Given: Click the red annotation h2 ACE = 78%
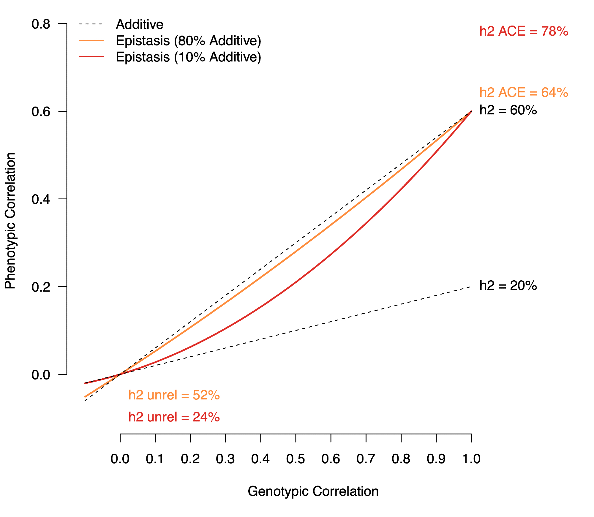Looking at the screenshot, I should pyautogui.click(x=524, y=31).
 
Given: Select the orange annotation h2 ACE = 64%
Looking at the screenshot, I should pyautogui.click(x=524, y=92).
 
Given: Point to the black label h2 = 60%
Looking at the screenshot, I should pyautogui.click(x=508, y=110).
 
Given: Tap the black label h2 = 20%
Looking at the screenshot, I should pyautogui.click(x=508, y=286).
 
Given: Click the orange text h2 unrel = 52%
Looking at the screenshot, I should pyautogui.click(x=174, y=395).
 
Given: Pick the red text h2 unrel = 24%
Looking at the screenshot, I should pyautogui.click(x=174, y=417).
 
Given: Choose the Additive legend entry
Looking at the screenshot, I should pyautogui.click(x=139, y=24).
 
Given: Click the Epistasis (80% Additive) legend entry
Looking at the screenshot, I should pyautogui.click(x=188, y=41).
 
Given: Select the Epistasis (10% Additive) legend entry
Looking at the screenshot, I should pyautogui.click(x=188, y=57).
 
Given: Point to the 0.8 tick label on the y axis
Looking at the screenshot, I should pyautogui.click(x=41, y=24).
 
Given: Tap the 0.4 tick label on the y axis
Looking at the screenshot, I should pyautogui.click(x=41, y=199).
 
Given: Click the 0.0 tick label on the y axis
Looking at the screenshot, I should pyautogui.click(x=41, y=375).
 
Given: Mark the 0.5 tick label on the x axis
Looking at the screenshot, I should pyautogui.click(x=296, y=459).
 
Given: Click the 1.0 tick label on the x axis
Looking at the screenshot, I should pyautogui.click(x=471, y=459).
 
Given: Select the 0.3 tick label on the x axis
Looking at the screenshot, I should pyautogui.click(x=225, y=459).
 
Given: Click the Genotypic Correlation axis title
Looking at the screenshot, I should pyautogui.click(x=313, y=491).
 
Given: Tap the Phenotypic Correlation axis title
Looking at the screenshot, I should pyautogui.click(x=10, y=221).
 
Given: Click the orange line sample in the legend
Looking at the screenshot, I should pyautogui.click(x=91, y=40).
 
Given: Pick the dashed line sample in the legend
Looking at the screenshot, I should pyautogui.click(x=91, y=24).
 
